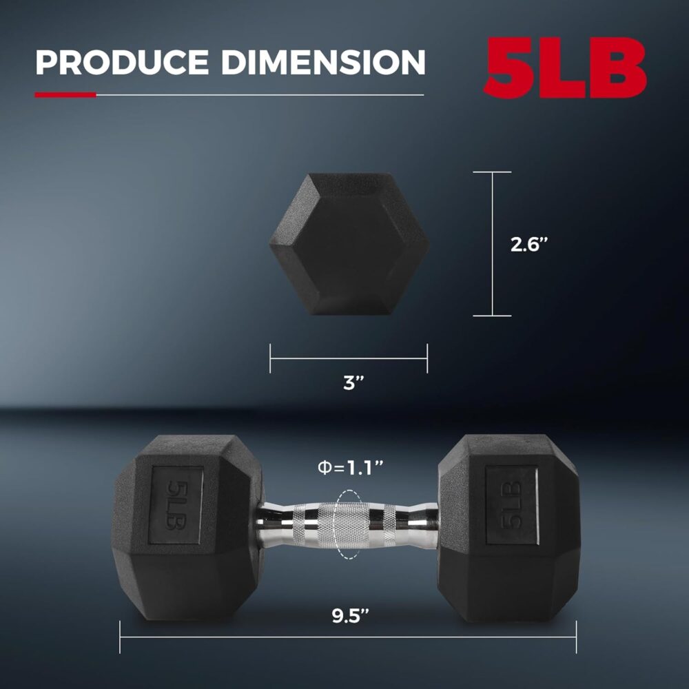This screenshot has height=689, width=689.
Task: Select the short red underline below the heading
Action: click(x=65, y=94)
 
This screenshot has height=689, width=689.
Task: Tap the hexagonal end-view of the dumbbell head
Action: click(x=348, y=244)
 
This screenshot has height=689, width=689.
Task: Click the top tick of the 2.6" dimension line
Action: click(x=493, y=172)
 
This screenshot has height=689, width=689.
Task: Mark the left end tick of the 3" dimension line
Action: click(x=270, y=359)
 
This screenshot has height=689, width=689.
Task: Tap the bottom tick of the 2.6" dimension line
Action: click(x=493, y=316)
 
